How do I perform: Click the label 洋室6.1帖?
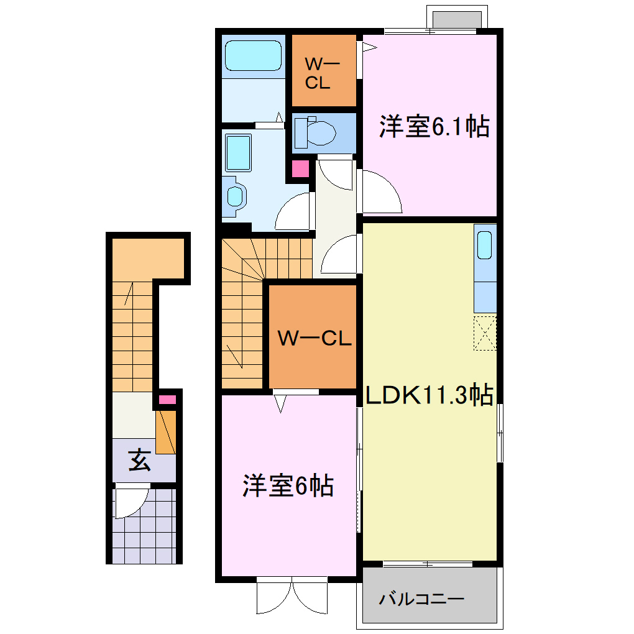(434, 127)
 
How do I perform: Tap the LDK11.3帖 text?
(429, 395)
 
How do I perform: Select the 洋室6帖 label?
(288, 486)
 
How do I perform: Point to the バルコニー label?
(421, 600)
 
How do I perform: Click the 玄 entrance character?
(139, 461)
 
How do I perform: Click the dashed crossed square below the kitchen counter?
(485, 333)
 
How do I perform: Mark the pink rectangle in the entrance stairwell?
(167, 400)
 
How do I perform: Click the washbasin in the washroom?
(236, 196)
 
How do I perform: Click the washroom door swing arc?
(291, 211)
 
